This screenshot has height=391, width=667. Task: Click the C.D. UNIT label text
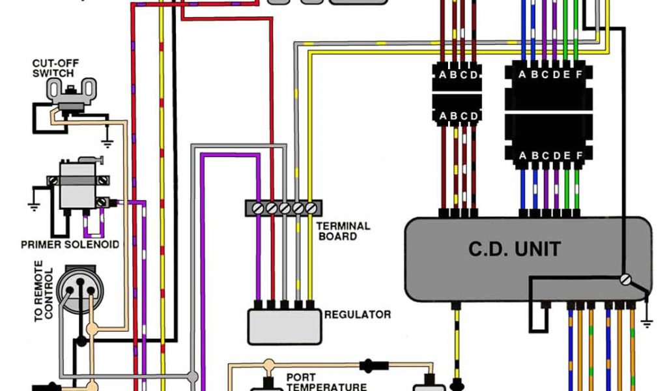515,249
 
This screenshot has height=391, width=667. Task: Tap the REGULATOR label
358,315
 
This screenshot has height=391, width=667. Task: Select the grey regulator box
285,326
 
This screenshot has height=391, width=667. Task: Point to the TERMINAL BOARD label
343,231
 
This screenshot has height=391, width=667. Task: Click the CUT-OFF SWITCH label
53,68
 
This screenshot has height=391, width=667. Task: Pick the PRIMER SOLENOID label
70,244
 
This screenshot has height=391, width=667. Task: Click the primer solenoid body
77,186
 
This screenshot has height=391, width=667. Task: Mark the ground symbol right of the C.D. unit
646,321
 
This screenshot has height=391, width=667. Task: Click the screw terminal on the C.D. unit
626,280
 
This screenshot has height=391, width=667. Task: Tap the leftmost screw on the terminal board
258,208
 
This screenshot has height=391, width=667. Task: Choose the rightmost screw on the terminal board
311,208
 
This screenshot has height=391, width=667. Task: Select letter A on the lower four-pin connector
443,116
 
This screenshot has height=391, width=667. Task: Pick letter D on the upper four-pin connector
474,74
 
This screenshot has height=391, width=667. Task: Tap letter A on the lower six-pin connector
522,156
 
